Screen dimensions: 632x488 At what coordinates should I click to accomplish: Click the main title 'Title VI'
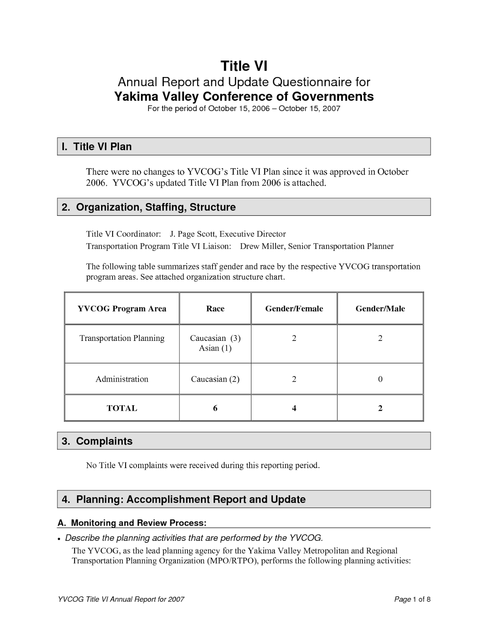244,66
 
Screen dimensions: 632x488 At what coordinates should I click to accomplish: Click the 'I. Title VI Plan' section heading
97,147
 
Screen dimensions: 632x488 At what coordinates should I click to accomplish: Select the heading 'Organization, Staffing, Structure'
156,207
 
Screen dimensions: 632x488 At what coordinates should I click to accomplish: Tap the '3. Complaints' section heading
97,441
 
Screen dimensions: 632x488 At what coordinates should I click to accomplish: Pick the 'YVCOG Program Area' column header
122,308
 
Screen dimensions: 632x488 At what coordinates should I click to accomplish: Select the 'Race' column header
215,308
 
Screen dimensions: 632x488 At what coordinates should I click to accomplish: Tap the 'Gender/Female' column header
294,308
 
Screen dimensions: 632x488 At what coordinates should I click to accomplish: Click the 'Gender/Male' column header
380,308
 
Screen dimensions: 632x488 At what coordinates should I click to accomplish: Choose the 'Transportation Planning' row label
122,338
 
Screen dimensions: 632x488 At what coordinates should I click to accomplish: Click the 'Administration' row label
122,379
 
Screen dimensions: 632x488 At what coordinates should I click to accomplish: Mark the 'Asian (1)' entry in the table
215,348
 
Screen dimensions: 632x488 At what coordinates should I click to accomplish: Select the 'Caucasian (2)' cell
215,379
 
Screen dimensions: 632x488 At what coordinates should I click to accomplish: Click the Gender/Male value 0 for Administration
380,379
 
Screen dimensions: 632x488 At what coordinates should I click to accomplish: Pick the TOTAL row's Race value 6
215,408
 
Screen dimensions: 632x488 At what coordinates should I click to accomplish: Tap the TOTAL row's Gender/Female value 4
294,408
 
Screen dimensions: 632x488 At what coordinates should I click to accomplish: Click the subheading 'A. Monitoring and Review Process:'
132,523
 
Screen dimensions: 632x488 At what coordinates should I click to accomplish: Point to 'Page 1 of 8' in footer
412,599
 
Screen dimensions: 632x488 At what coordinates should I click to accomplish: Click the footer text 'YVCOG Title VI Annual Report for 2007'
121,599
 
